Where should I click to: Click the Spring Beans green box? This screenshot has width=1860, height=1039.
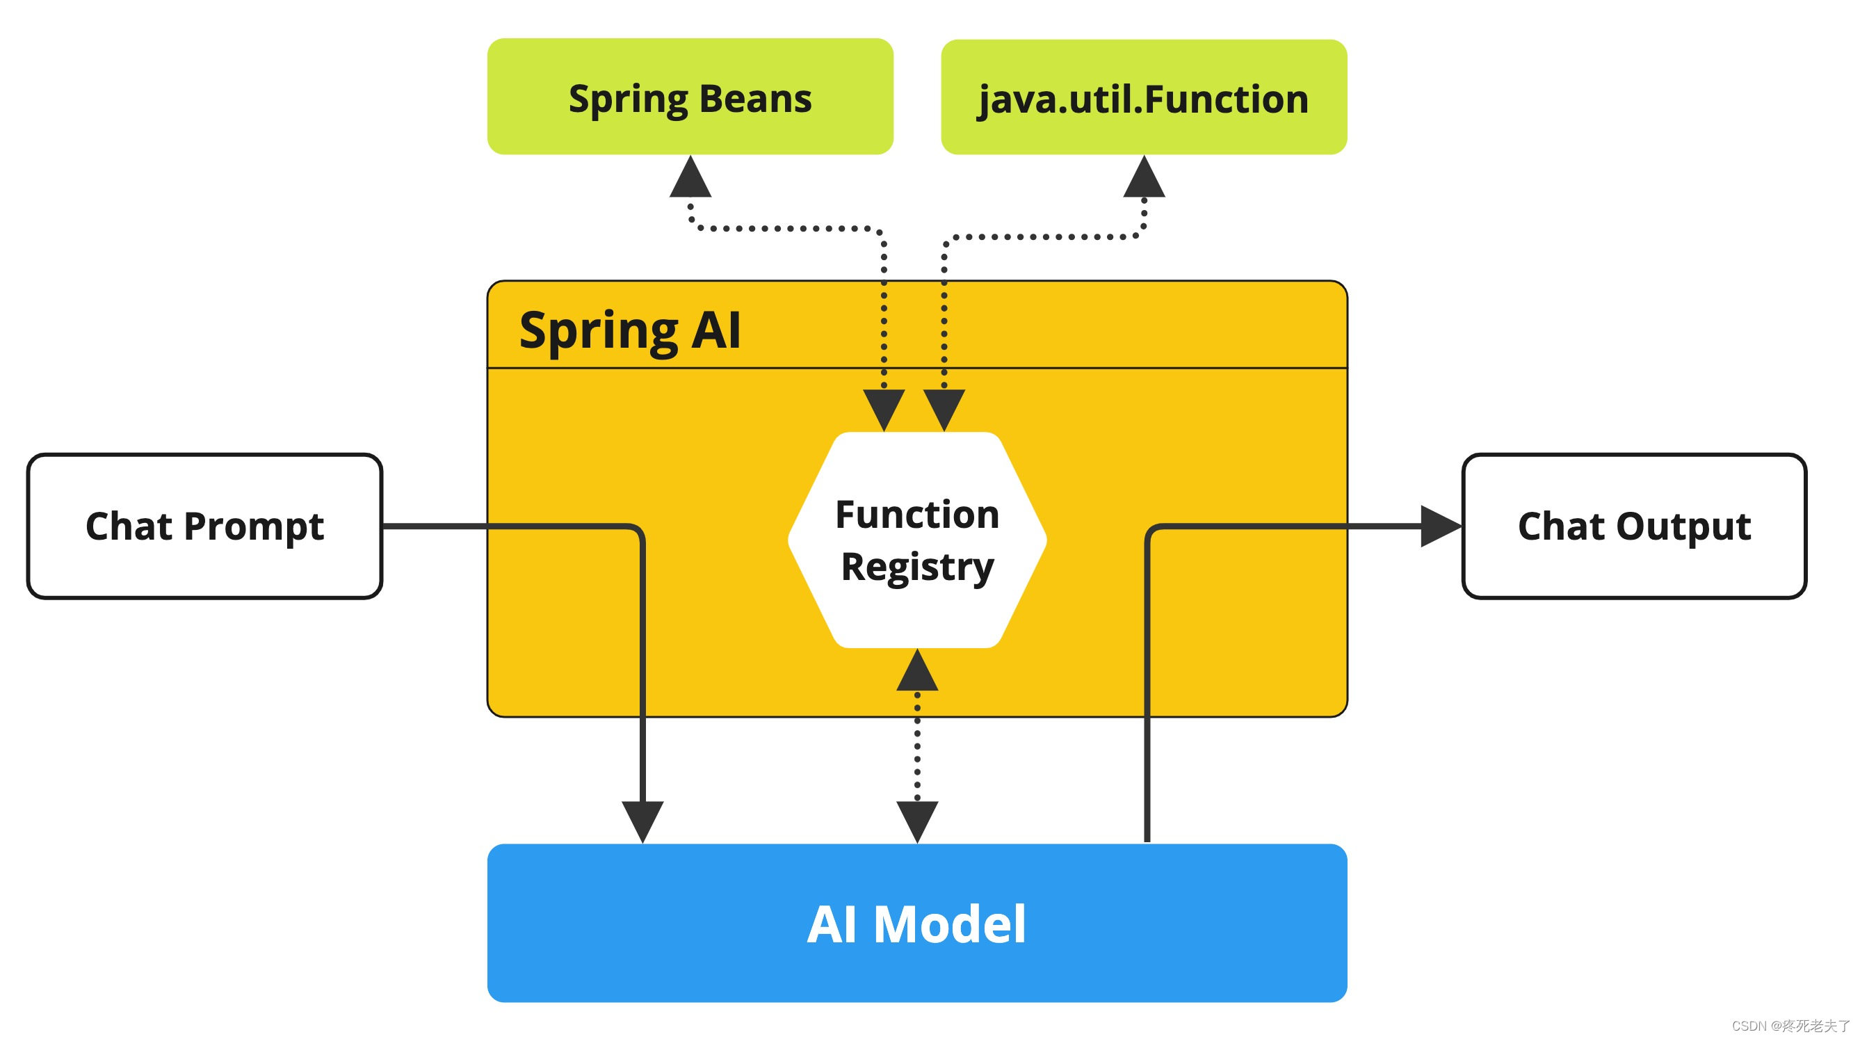point(690,96)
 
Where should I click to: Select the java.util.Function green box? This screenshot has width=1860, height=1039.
point(1143,97)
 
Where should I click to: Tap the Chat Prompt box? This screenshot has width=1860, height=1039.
point(204,526)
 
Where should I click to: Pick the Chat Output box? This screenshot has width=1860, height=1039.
point(1633,526)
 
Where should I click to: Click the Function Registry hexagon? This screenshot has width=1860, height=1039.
point(917,540)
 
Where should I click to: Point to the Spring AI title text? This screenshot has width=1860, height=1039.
point(630,330)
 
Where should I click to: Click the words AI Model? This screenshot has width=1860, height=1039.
point(916,924)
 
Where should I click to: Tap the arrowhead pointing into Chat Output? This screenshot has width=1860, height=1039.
point(1439,526)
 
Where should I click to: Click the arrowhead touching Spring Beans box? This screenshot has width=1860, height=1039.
point(690,178)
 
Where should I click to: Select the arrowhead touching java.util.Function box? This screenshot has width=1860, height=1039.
point(1144,178)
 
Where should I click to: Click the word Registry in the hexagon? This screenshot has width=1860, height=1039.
point(917,567)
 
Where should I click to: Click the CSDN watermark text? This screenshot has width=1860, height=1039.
point(1790,1025)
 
